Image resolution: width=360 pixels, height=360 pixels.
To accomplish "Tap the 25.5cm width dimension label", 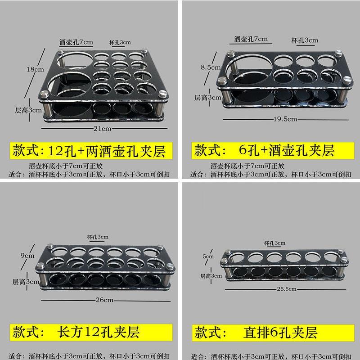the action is (x=286, y=288).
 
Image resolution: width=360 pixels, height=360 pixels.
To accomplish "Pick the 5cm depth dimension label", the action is (x=208, y=256).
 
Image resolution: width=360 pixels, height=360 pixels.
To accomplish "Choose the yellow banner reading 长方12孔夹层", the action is (x=89, y=332).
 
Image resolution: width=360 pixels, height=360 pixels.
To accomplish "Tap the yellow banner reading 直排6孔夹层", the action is (x=269, y=332).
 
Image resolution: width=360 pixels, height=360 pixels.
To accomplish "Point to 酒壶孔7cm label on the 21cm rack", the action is (x=76, y=42).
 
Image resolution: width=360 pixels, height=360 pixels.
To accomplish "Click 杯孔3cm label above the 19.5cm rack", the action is (x=305, y=40).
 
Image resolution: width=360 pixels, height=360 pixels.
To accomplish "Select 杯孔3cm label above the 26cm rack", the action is (x=97, y=237).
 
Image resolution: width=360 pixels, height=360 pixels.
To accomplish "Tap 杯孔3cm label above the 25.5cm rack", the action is (x=274, y=243).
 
